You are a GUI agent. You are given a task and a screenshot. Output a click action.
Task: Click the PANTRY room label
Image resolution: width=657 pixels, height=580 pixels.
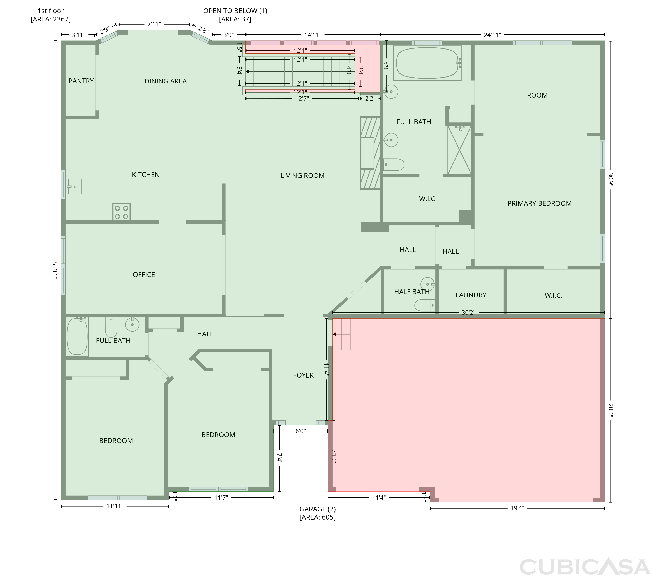pyautogui.click(x=81, y=81)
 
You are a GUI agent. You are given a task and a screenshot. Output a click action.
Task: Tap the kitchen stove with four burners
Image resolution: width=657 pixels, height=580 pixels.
pyautogui.click(x=122, y=212)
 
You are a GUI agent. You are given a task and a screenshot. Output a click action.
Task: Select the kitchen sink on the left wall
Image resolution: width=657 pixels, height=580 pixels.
pyautogui.click(x=75, y=187)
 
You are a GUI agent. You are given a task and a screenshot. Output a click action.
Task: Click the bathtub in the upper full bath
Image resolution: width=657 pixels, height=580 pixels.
pyautogui.click(x=427, y=63)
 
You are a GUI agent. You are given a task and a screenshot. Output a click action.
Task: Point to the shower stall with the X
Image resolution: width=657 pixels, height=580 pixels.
pyautogui.click(x=459, y=150)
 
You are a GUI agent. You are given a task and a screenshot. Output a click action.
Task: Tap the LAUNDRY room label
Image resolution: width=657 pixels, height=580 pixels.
pyautogui.click(x=471, y=295)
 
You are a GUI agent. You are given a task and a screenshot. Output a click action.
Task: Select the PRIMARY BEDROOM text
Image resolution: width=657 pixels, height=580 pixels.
pyautogui.click(x=539, y=203)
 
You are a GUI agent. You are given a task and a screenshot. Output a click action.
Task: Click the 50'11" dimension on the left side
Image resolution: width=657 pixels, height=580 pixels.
pyautogui.click(x=55, y=271)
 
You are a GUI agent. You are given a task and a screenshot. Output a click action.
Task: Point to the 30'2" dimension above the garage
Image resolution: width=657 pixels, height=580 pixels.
pyautogui.click(x=468, y=312)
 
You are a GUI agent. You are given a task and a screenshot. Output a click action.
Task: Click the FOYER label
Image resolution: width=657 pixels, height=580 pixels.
pyautogui.click(x=303, y=375)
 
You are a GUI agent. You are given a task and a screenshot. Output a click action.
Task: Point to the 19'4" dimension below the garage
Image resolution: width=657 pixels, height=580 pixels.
pyautogui.click(x=517, y=508)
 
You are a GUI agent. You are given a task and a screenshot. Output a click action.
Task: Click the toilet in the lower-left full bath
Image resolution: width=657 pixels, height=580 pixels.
pyautogui.click(x=111, y=327)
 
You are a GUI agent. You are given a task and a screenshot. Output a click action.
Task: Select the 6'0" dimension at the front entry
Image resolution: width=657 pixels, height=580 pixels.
pyautogui.click(x=300, y=431)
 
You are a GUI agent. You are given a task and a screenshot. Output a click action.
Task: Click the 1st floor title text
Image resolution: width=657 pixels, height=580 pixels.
pyautogui.click(x=50, y=11)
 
